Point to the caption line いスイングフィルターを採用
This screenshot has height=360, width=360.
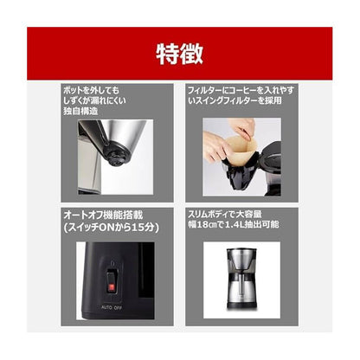pyautogui.click(x=241, y=101)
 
